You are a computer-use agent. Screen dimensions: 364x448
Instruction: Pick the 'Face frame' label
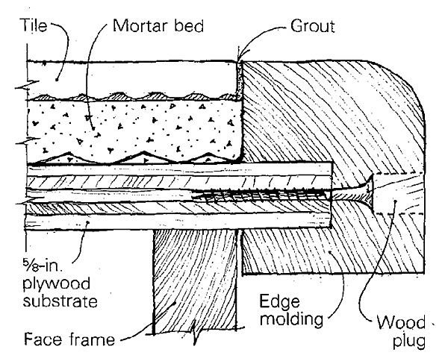[60, 340]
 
